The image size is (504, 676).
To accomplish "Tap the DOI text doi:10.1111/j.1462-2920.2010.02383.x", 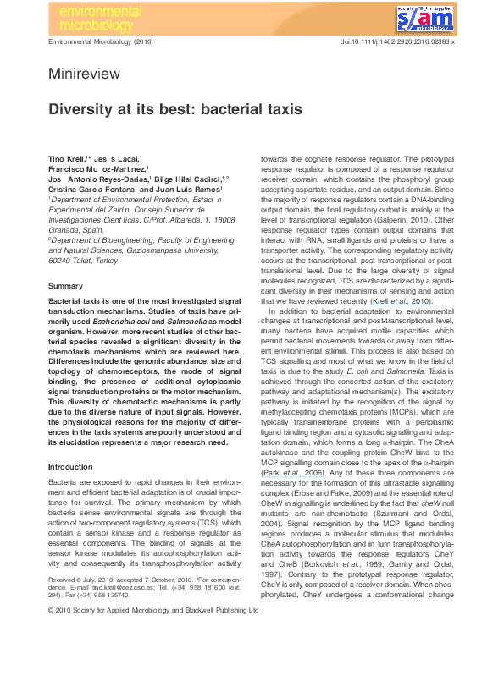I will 397,41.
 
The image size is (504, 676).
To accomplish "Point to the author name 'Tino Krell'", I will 65,159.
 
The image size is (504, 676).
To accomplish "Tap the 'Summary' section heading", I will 65,287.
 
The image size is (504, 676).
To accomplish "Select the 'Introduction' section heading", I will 70,466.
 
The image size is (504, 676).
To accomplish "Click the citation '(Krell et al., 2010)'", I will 402,301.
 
